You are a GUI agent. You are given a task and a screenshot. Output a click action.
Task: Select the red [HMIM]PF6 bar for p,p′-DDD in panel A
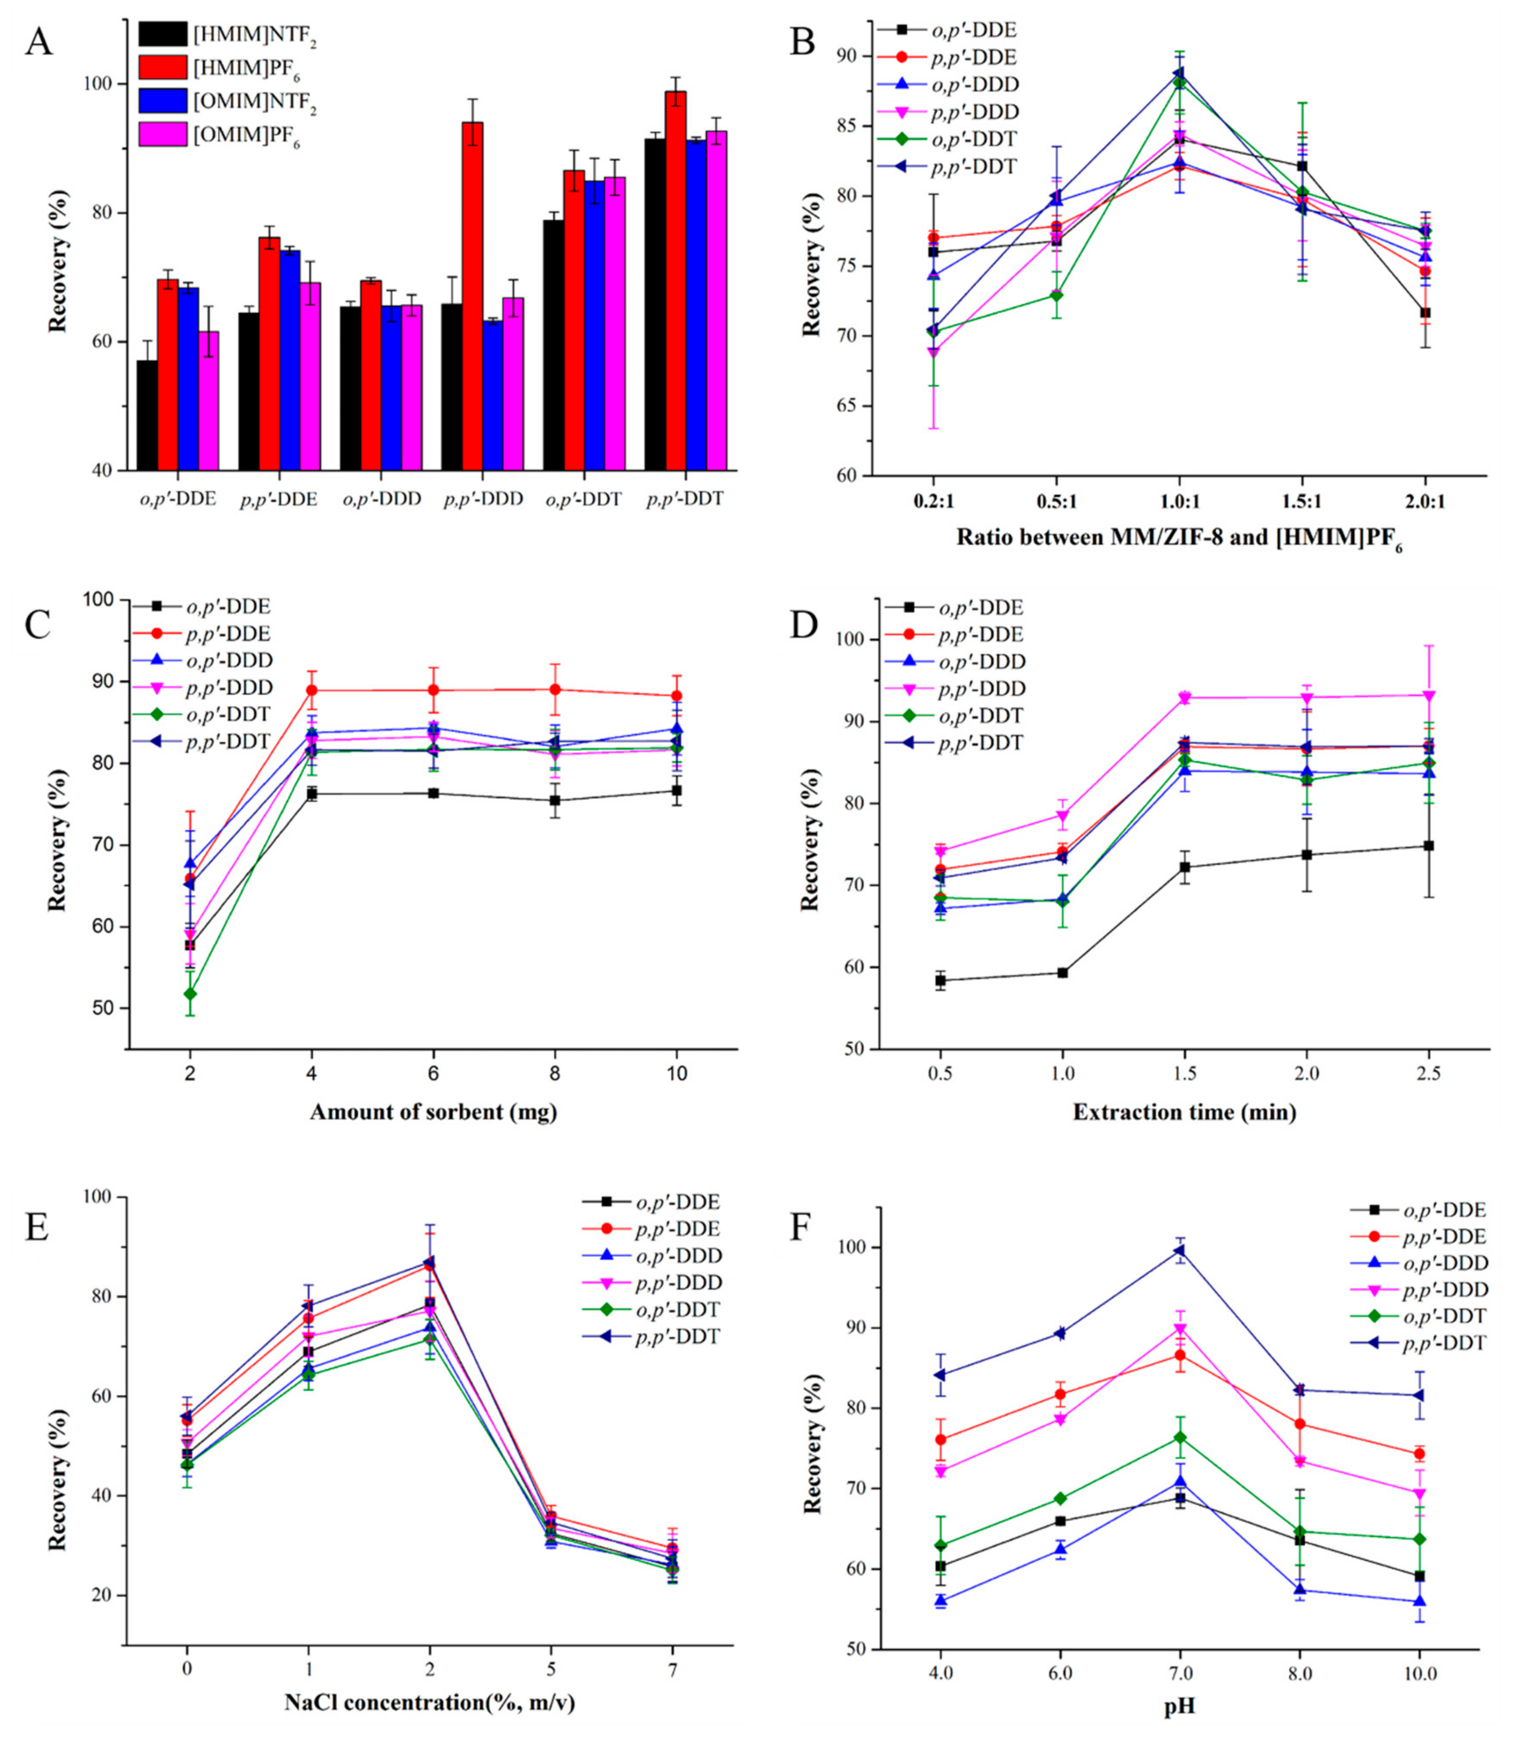pos(472,296)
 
